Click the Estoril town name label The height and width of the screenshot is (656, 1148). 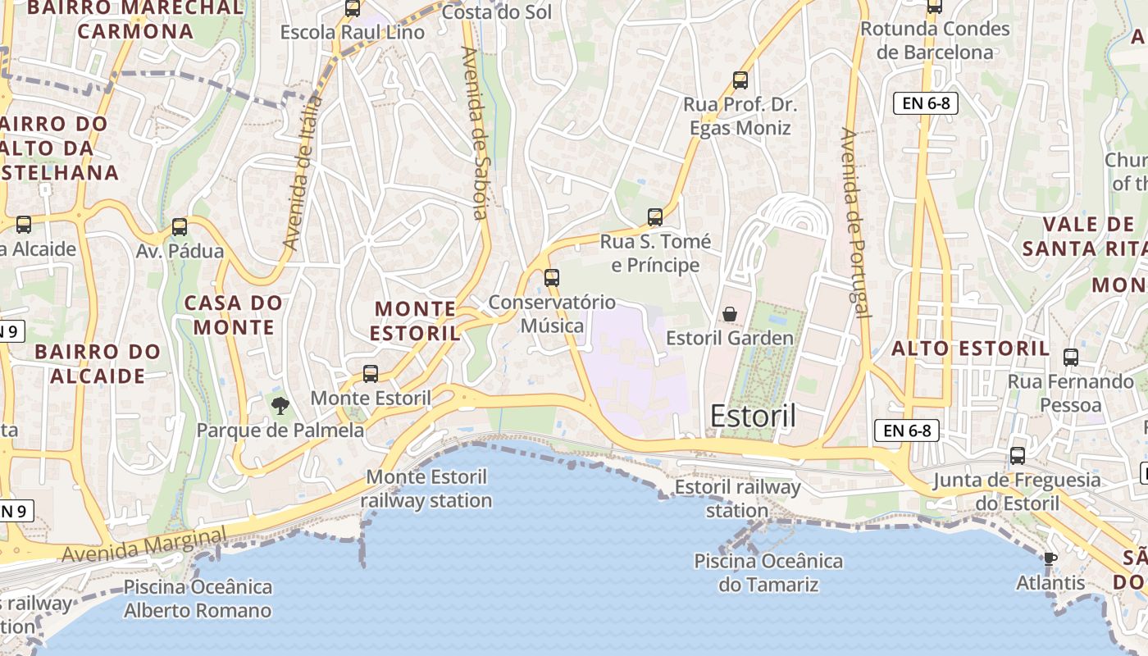pyautogui.click(x=752, y=416)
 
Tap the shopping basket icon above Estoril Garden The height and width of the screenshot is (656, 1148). pyautogui.click(x=729, y=314)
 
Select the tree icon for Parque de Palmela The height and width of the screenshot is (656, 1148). pyautogui.click(x=280, y=404)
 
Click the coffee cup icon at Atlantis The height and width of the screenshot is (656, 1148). pyautogui.click(x=1050, y=558)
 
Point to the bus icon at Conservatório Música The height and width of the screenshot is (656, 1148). pyautogui.click(x=552, y=278)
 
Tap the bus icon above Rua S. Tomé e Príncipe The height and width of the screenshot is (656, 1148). pyautogui.click(x=654, y=217)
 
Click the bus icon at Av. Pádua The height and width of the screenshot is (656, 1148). pyautogui.click(x=179, y=227)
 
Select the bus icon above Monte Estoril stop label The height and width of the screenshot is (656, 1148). pyautogui.click(x=371, y=374)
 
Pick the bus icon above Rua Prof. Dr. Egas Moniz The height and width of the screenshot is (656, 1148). pyautogui.click(x=740, y=80)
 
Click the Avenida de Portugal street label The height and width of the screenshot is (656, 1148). pyautogui.click(x=854, y=222)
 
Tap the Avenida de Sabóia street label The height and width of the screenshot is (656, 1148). pyautogui.click(x=475, y=132)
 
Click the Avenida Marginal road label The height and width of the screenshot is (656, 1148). pyautogui.click(x=143, y=544)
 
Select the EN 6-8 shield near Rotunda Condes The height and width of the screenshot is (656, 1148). pyautogui.click(x=925, y=102)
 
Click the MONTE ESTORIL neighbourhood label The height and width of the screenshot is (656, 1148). pyautogui.click(x=415, y=321)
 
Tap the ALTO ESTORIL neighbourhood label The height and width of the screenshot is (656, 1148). pyautogui.click(x=970, y=348)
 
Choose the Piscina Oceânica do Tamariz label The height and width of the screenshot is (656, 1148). pyautogui.click(x=768, y=572)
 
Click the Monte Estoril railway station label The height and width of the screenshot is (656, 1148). pyautogui.click(x=426, y=488)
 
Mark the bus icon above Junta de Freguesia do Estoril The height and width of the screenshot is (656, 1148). pyautogui.click(x=1018, y=456)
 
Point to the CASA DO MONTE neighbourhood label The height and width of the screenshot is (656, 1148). pyautogui.click(x=234, y=315)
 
